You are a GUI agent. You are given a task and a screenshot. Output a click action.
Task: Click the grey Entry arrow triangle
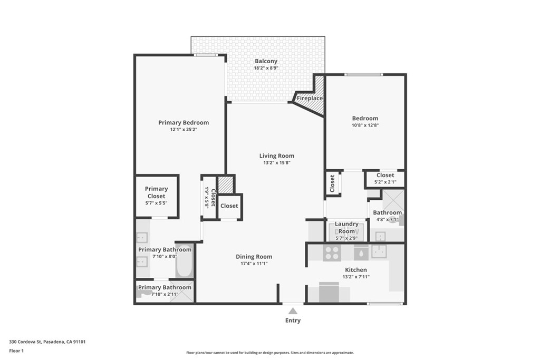point(293,311)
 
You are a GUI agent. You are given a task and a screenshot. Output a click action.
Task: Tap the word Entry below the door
point(293,320)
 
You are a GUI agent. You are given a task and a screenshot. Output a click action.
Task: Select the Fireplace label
point(310,98)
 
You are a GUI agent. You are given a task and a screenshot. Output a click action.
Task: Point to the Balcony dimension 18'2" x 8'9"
point(266,68)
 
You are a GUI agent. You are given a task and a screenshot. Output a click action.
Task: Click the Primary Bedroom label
point(184,122)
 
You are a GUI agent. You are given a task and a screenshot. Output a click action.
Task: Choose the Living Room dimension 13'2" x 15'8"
point(276,163)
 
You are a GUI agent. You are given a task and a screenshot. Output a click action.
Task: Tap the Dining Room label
point(254,257)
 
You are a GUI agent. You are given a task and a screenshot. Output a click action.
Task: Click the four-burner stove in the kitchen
point(332,253)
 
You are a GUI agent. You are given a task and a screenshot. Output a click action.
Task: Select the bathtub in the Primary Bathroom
point(185,262)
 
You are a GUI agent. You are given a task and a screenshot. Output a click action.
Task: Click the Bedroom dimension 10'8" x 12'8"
point(365,125)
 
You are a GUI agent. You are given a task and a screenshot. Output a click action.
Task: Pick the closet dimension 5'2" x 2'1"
point(385,182)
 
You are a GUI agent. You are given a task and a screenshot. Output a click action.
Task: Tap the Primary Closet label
point(156,192)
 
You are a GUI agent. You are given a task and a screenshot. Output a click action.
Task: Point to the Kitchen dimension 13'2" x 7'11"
point(355,277)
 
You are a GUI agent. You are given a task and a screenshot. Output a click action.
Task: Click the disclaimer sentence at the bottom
point(269,353)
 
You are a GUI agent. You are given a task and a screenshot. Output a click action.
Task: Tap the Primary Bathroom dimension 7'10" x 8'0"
point(165,256)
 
